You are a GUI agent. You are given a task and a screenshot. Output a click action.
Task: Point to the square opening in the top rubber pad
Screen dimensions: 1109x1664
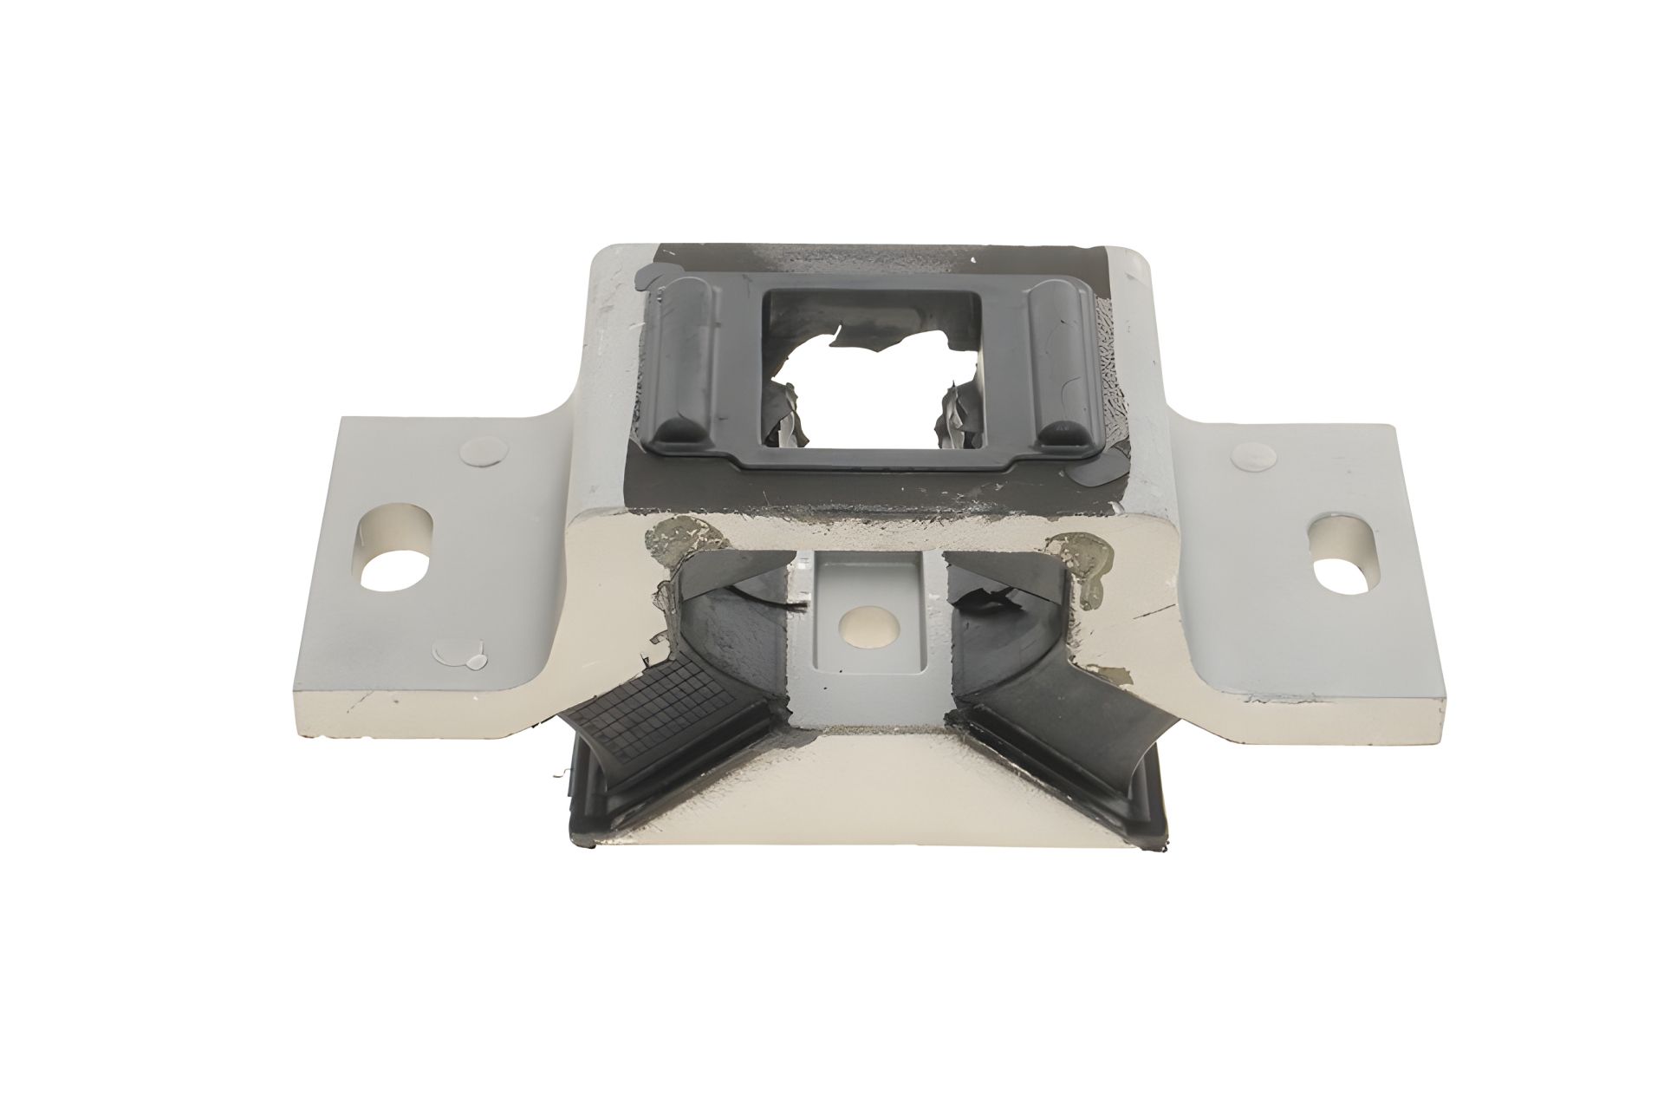(873, 369)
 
